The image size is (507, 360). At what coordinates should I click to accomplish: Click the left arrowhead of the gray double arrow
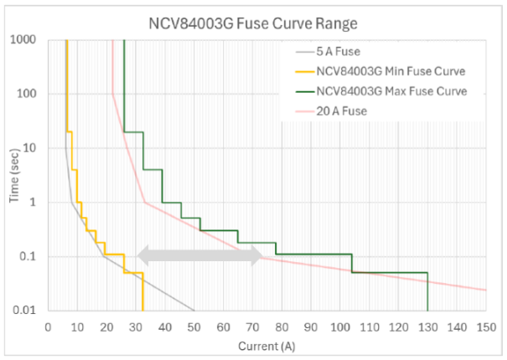(142, 257)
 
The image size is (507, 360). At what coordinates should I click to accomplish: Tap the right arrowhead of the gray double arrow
(257, 257)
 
